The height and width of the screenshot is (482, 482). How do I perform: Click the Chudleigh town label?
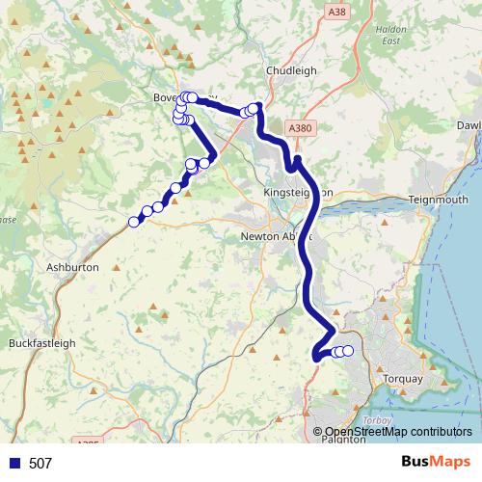coord(292,69)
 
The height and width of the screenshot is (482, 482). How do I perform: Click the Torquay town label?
coord(403,379)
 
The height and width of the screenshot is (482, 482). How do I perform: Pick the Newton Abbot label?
coord(273,237)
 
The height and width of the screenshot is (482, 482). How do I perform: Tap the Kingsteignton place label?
coord(297,193)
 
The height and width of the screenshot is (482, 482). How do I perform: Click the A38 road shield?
coord(335,13)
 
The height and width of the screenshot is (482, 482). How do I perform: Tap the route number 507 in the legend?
coord(40,464)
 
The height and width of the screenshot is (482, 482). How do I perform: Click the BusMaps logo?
coord(429,463)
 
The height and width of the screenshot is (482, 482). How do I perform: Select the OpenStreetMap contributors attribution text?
coord(398,432)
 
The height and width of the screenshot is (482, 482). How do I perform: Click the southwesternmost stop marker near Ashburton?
coord(134,222)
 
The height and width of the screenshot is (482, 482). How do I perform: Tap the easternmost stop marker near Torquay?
coord(348,351)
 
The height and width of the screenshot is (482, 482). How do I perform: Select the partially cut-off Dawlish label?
coord(469,126)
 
